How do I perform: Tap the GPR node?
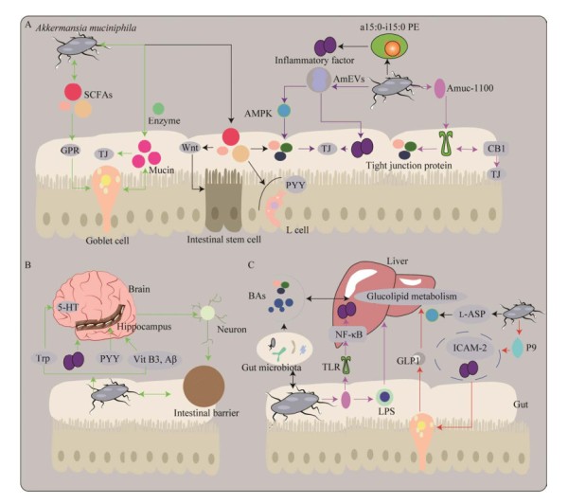click(x=69, y=150)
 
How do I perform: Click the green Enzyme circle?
click(x=159, y=110)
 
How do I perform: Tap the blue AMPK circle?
click(x=283, y=111)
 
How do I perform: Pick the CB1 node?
click(x=494, y=150)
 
